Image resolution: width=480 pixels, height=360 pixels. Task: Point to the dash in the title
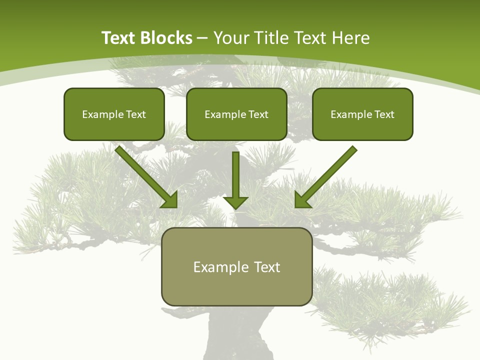tap(202, 38)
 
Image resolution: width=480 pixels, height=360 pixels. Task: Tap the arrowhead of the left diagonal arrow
tap(170, 200)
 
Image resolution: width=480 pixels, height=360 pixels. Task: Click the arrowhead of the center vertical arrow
tap(235, 202)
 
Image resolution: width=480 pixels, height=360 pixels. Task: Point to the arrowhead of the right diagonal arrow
tap(301, 200)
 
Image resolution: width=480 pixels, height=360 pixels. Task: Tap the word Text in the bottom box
tap(267, 267)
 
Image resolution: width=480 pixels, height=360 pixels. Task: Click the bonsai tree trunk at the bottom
tap(235, 335)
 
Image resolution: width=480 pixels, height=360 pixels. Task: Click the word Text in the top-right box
tap(384, 114)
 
